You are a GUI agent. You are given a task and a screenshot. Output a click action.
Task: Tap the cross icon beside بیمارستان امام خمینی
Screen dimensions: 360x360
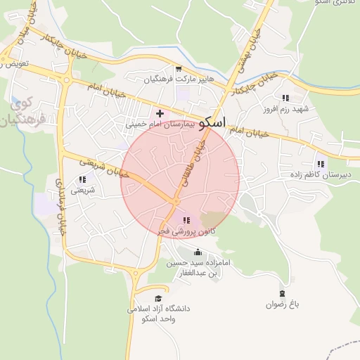pos(160,112)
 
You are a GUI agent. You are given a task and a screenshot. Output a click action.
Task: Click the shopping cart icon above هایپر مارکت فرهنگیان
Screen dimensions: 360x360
pos(179,69)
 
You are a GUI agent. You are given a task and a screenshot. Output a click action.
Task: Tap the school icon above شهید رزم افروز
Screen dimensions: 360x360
pos(285,98)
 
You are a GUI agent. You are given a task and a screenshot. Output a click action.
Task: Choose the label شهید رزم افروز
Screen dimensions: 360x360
pos(286,109)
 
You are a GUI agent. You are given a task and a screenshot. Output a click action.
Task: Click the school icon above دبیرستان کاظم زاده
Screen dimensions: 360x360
pos(321,163)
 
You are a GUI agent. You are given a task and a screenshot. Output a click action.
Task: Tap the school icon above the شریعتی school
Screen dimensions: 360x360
pos(82,180)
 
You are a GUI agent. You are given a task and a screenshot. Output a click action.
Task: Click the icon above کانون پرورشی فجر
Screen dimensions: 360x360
pos(186,220)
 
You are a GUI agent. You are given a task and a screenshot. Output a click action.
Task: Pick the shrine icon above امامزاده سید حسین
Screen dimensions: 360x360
pos(197,252)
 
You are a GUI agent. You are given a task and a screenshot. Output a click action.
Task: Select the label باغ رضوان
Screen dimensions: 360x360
pos(283,304)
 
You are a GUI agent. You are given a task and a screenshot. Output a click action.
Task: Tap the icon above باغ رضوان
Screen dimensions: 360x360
pos(283,293)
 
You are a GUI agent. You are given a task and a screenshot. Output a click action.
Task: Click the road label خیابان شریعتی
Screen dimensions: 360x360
pos(103,169)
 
